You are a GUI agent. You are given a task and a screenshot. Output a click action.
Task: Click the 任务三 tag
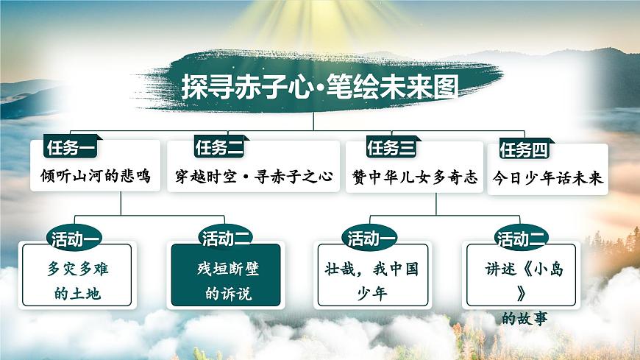(391, 148)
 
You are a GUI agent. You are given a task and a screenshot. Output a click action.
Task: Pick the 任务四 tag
(524, 150)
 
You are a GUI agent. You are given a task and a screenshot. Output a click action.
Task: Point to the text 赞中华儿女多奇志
(415, 177)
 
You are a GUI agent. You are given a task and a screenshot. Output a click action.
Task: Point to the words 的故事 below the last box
(525, 319)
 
